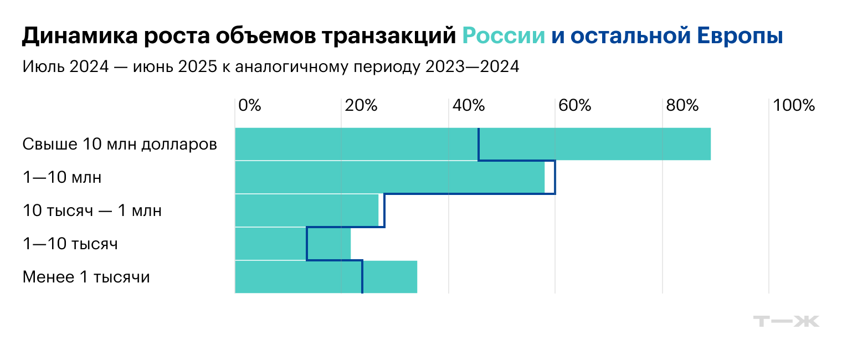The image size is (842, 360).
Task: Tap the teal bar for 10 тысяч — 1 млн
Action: coord(307,210)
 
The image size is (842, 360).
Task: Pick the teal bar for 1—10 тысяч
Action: coord(293,244)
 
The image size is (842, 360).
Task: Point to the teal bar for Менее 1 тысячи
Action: coord(326,277)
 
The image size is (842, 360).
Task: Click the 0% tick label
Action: coord(249,105)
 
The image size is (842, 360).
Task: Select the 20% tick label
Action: coord(361,105)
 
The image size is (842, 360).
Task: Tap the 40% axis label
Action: coord(469,105)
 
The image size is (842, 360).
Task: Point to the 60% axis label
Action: coord(576,105)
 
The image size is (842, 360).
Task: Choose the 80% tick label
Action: coord(682,105)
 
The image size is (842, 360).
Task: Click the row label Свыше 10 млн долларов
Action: coord(120,145)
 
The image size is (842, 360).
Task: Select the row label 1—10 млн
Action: coord(62,178)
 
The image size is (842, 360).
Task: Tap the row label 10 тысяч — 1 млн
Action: coord(92,211)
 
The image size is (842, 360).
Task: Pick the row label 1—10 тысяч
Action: coord(70,244)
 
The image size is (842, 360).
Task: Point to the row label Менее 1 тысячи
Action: coord(86,277)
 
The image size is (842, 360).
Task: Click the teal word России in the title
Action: coord(504,37)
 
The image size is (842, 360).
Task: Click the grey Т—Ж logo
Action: coord(786,321)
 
